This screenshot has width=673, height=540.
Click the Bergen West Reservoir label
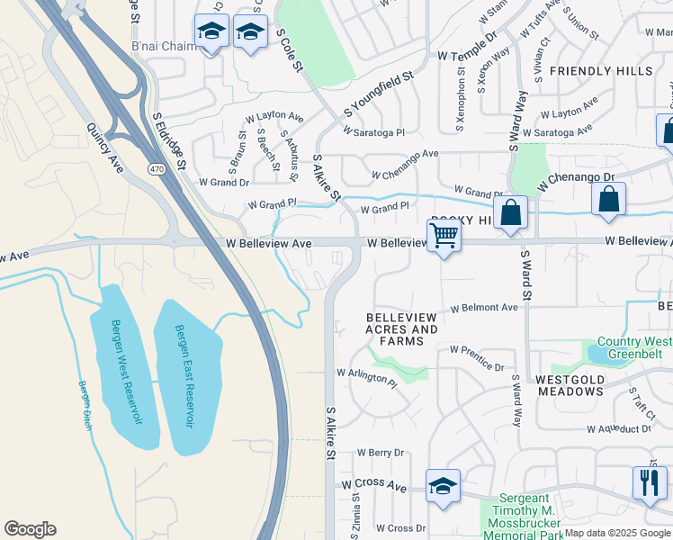click(118, 372)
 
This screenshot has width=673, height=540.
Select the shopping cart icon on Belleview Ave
click(444, 236)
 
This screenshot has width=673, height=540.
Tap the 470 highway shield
click(156, 168)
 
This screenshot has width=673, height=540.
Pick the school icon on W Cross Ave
click(443, 486)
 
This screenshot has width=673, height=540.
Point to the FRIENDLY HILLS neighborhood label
click(601, 71)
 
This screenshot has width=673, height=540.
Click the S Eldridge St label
click(168, 141)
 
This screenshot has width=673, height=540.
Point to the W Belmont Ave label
click(484, 308)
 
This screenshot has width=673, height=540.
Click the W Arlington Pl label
click(366, 376)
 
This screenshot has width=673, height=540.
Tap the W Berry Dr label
click(381, 453)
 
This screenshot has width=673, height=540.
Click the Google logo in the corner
click(30, 528)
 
